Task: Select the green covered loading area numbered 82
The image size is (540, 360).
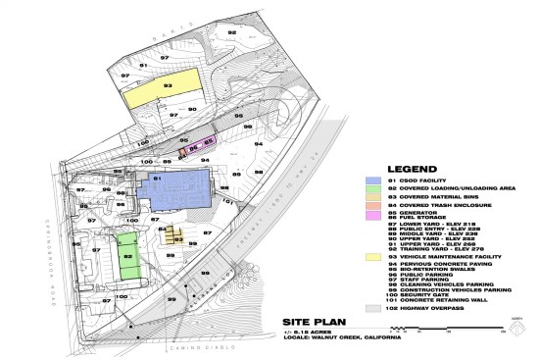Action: pyautogui.click(x=128, y=256)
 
